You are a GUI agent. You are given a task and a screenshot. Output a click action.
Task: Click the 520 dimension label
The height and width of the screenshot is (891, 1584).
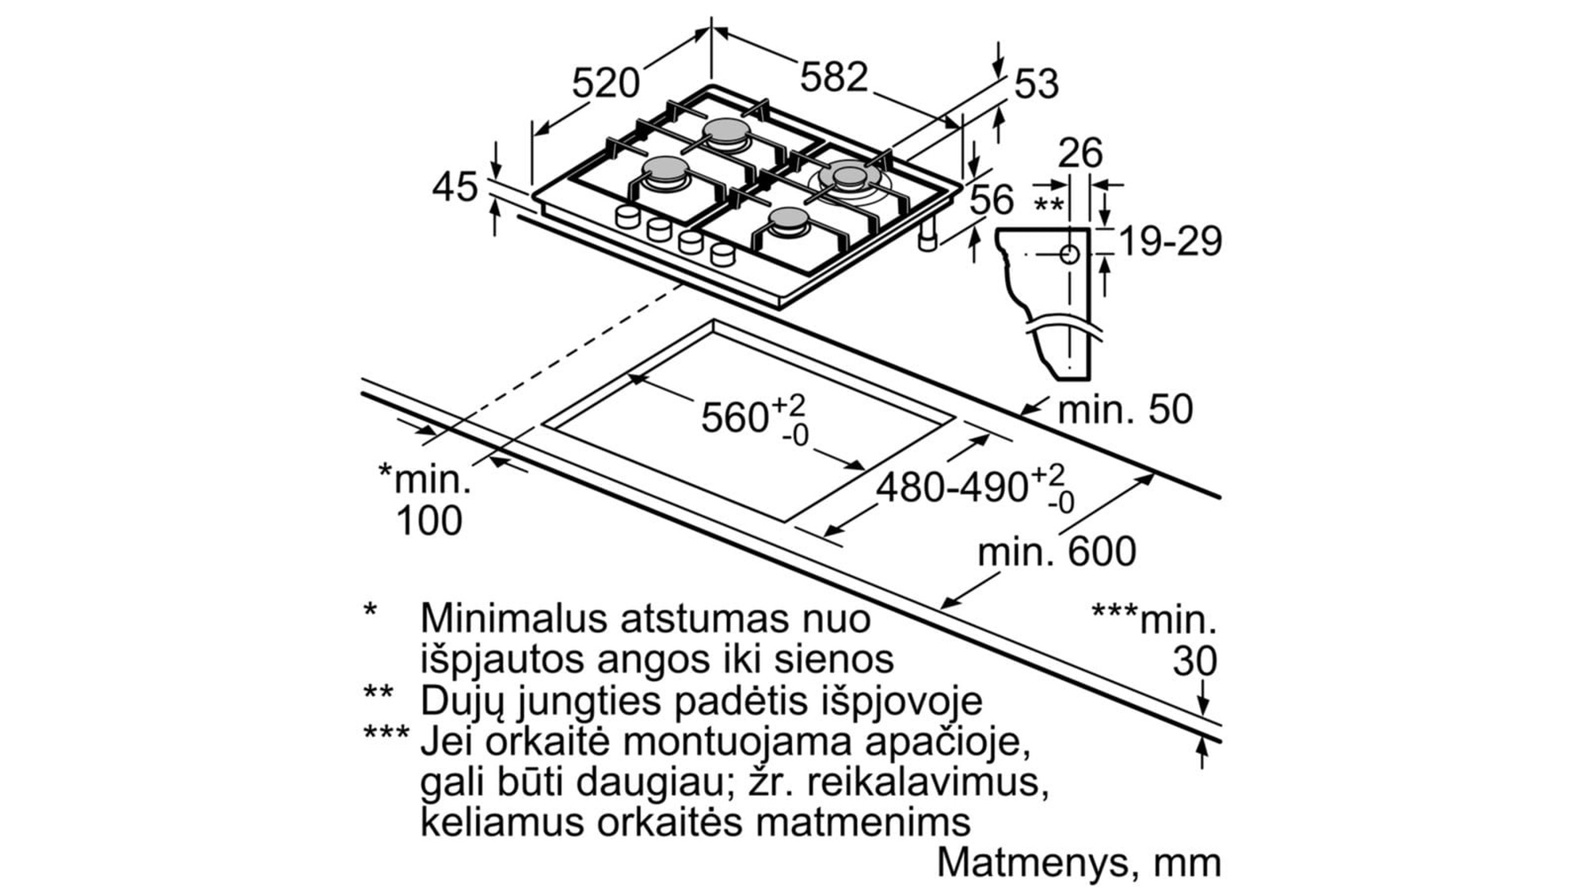605,83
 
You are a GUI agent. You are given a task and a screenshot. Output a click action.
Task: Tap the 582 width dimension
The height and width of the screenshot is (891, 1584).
834,78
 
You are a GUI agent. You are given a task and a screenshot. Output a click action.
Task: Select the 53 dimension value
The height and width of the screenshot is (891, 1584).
1036,84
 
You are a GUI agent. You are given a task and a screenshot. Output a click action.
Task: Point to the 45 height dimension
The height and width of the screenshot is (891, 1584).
455,188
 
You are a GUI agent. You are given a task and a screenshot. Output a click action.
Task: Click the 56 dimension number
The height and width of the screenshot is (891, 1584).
992,200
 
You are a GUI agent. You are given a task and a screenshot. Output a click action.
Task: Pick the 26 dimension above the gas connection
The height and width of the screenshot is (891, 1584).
1080,153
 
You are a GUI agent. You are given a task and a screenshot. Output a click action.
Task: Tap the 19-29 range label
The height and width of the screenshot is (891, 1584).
1170,241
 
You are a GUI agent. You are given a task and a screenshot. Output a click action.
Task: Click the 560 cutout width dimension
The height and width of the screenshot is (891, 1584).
734,417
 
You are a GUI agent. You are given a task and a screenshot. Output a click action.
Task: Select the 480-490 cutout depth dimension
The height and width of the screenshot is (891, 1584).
951,487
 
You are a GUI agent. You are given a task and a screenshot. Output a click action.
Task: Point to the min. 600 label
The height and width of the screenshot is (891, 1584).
1057,551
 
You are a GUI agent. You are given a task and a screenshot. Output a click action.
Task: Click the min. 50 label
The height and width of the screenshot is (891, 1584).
1125,409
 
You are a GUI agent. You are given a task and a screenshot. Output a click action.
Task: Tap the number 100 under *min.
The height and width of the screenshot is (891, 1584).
428,520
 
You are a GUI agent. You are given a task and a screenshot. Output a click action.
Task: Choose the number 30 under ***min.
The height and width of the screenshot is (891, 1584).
1194,661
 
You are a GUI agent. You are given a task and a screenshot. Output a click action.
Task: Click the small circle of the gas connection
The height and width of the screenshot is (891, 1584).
1070,254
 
